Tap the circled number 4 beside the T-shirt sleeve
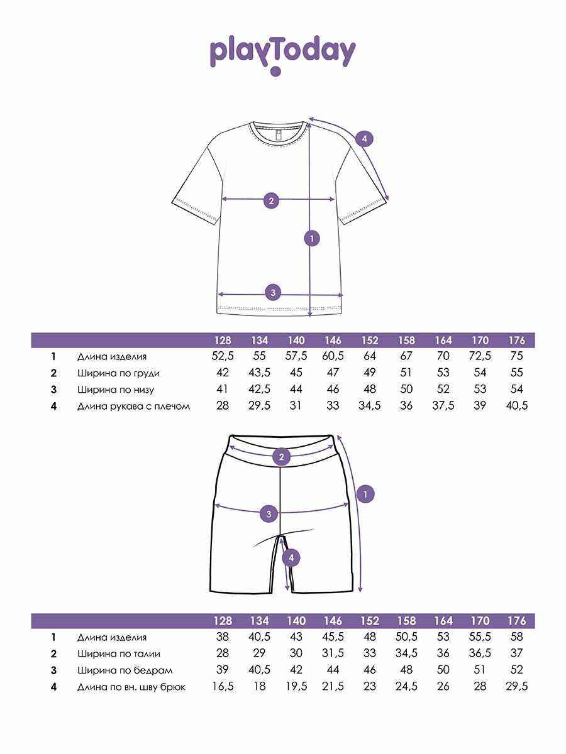[364, 139]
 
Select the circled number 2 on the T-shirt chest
[271, 201]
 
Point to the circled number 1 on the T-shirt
[311, 238]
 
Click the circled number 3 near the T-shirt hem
[272, 292]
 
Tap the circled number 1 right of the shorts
[366, 494]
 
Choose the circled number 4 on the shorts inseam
[290, 557]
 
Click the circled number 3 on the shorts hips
[269, 514]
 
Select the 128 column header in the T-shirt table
[223, 340]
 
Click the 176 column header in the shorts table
[516, 621]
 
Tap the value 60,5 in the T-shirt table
[333, 356]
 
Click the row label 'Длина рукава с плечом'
[133, 406]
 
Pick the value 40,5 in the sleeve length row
[516, 406]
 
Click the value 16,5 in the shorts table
[223, 687]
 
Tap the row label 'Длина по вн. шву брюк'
[131, 687]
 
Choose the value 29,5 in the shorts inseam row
[516, 687]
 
